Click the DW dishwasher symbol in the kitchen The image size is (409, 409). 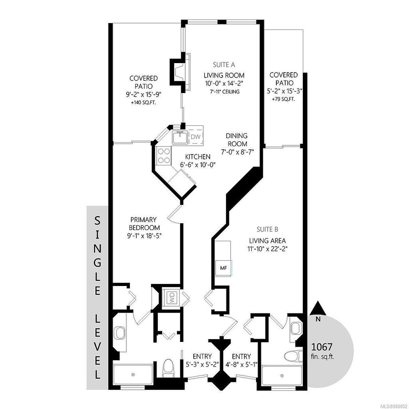[x=195, y=137]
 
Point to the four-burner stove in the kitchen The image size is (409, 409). [x=164, y=155]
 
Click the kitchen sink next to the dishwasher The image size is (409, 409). [x=180, y=137]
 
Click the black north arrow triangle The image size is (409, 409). [x=318, y=308]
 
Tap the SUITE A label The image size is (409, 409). [x=224, y=64]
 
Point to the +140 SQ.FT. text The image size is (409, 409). [x=143, y=103]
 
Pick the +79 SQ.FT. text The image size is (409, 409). [x=283, y=99]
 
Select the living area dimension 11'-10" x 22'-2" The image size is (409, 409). [x=268, y=248]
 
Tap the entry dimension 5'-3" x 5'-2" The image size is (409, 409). [x=202, y=364]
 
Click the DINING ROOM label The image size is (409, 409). [x=237, y=140]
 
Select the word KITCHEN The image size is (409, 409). [x=197, y=157]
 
